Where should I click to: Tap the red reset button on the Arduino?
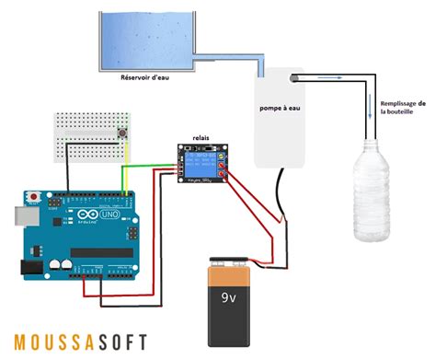point(35,197)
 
